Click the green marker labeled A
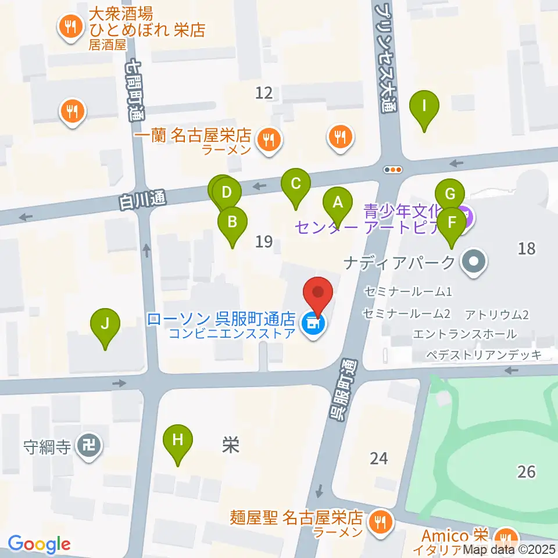(x=337, y=203)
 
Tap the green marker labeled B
(x=232, y=222)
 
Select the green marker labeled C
(x=295, y=185)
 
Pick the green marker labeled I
(x=424, y=107)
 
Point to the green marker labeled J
(x=105, y=324)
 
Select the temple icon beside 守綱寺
(x=90, y=447)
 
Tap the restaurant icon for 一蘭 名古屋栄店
(x=268, y=139)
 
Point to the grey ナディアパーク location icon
(x=474, y=263)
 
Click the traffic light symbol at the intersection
(x=393, y=170)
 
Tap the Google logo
(x=39, y=544)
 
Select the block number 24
(x=378, y=459)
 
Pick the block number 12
(x=264, y=92)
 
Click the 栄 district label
(x=231, y=446)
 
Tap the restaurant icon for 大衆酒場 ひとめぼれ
(x=71, y=26)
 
